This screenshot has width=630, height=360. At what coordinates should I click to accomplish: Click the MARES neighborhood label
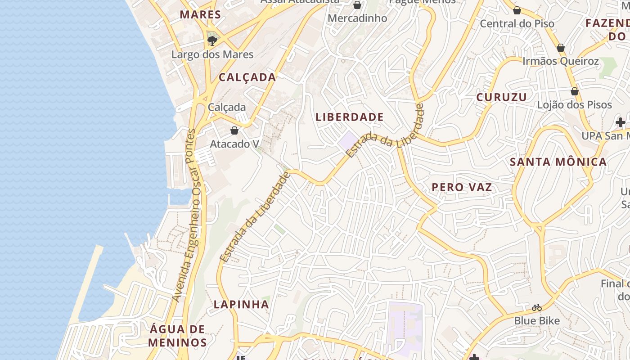(x=200, y=14)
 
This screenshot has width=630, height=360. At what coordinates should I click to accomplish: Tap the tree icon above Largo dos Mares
(x=212, y=41)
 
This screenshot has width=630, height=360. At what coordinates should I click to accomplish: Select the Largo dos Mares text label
(x=212, y=54)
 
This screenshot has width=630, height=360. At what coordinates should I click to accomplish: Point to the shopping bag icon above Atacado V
(x=234, y=130)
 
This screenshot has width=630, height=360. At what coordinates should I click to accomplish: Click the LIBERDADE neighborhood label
(x=350, y=117)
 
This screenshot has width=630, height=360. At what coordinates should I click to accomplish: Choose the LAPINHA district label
(x=241, y=304)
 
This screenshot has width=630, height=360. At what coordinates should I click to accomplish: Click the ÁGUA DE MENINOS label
(x=177, y=336)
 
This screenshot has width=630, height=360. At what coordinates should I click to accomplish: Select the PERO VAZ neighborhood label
(x=462, y=187)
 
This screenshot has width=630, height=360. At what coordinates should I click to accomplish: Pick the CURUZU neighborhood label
(x=501, y=97)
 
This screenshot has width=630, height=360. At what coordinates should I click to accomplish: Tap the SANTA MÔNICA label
(x=558, y=162)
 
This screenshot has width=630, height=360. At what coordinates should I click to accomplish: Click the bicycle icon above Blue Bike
(x=537, y=308)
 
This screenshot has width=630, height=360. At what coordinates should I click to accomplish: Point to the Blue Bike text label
(x=537, y=321)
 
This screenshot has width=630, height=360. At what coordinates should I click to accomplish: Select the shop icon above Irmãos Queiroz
(x=561, y=48)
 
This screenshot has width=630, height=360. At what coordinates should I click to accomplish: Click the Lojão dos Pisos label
(x=574, y=105)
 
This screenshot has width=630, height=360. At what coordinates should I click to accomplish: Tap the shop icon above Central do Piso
(x=517, y=10)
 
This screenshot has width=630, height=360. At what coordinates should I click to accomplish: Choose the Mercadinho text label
(x=357, y=18)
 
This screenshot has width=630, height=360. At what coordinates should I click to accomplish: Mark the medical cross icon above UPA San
(x=621, y=122)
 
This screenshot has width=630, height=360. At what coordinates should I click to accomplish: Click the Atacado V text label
(x=234, y=144)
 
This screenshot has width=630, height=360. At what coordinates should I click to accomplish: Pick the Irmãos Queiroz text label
(x=560, y=61)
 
